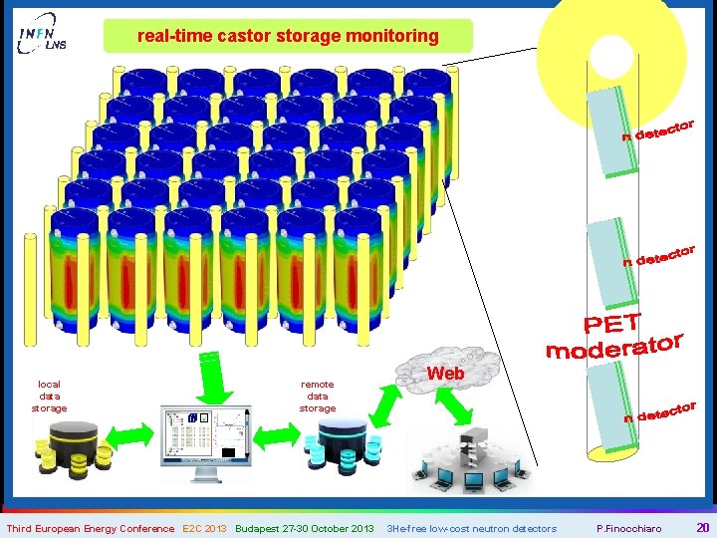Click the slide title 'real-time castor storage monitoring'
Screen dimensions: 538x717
[x=288, y=36]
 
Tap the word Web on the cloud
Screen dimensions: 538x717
[x=445, y=373]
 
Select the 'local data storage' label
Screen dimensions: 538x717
[x=49, y=396]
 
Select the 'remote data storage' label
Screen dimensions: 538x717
[x=318, y=396]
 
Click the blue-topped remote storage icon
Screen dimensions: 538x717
[x=345, y=444]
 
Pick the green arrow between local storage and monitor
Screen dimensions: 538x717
[x=127, y=435]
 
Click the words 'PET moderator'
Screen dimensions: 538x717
[x=613, y=337]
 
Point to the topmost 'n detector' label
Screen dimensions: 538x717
[x=658, y=130]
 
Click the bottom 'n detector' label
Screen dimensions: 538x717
[x=658, y=411]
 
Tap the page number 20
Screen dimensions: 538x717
[x=702, y=528]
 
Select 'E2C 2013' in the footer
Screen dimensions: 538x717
[x=204, y=528]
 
